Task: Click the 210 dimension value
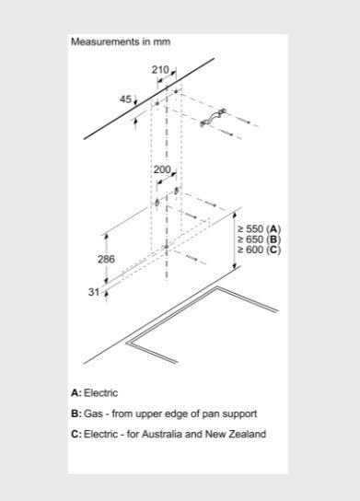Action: (x=160, y=70)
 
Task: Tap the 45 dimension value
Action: (x=125, y=99)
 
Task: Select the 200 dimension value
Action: (x=162, y=169)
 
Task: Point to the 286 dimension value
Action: (x=106, y=259)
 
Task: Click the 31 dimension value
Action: (x=94, y=292)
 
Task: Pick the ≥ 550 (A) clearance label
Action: (x=259, y=228)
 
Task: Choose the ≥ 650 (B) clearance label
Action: (x=259, y=239)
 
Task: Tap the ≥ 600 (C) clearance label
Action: (x=259, y=250)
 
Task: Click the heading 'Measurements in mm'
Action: (x=121, y=41)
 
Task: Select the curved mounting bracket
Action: (x=213, y=118)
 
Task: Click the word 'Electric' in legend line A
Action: (x=100, y=392)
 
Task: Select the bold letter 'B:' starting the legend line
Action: (x=76, y=414)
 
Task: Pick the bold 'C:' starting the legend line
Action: (x=76, y=434)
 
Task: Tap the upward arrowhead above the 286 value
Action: (x=107, y=237)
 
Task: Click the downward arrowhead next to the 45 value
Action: (x=135, y=103)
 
